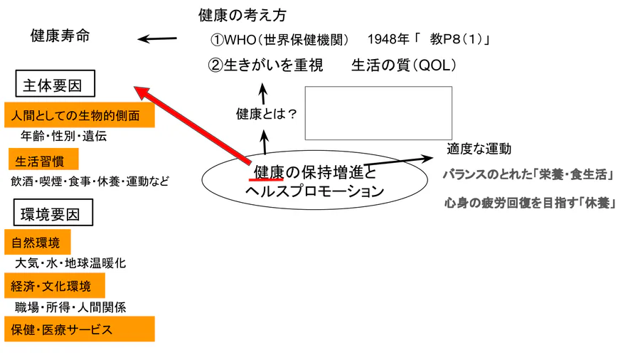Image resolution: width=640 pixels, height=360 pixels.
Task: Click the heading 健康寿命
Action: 60,36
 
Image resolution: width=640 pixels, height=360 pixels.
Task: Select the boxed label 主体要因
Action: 56,86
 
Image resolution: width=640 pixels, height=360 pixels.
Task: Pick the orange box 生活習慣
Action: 43,159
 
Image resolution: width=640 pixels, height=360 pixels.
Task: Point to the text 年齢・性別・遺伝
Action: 64,136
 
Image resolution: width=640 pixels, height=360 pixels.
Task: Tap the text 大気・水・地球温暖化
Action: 70,263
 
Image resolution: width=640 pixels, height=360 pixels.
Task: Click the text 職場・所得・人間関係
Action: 70,307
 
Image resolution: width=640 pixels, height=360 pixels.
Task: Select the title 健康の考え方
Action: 242,15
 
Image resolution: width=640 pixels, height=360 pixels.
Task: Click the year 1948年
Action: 392,39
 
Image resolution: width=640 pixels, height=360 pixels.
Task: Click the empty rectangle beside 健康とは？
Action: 378,113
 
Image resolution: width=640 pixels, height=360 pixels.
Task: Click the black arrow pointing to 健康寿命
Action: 157,39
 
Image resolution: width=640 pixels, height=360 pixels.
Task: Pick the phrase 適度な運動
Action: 479,149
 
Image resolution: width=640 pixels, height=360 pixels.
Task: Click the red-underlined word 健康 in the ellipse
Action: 269,173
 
